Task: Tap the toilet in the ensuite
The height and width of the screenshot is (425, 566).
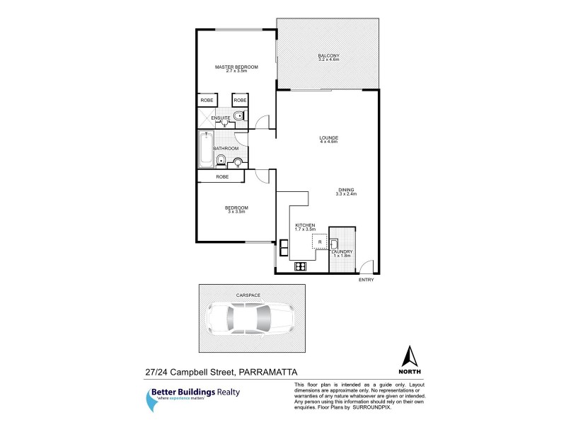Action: [x=239, y=116]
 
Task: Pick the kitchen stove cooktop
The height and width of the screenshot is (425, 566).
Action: [x=299, y=267]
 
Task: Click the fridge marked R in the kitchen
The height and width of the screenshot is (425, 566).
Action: [x=320, y=242]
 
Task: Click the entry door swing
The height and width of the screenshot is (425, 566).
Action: [x=366, y=266]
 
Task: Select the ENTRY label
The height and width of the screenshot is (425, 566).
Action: [x=366, y=280]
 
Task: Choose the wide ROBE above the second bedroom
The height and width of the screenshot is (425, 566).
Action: [x=221, y=176]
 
